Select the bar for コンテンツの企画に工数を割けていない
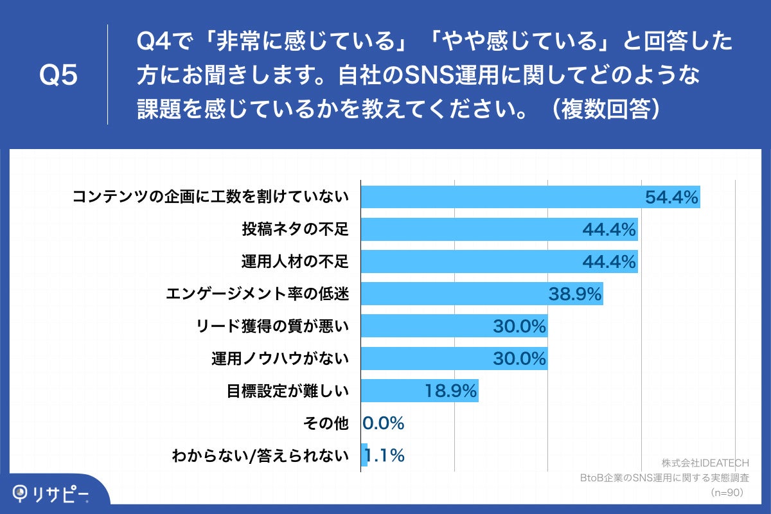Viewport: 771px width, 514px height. (501, 197)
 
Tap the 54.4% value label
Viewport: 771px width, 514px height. (671, 197)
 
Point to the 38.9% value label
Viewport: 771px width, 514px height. (575, 294)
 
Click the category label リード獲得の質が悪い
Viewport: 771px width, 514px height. (272, 326)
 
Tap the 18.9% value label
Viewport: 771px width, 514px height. (450, 391)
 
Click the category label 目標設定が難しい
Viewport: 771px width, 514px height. (287, 391)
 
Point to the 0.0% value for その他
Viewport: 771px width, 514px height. (383, 423)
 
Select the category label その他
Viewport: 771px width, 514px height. (325, 423)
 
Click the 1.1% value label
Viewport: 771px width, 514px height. (385, 456)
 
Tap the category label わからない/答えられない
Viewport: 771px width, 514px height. (260, 456)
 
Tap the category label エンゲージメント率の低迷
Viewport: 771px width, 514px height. (257, 294)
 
